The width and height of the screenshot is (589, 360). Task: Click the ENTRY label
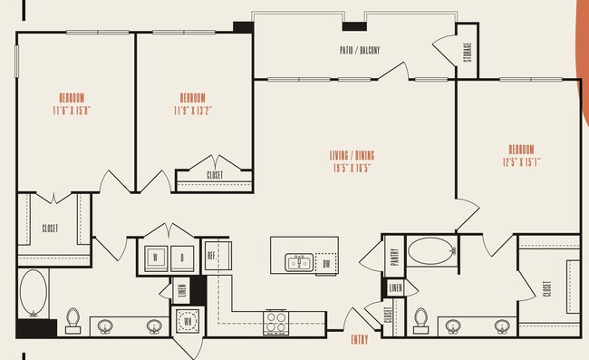pos(359,341)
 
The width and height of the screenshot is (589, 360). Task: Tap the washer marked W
pos(155,258)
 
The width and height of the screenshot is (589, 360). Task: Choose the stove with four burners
pos(275,321)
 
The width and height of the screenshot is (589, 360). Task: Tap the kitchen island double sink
pos(297,263)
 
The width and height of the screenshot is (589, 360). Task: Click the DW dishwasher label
pos(326,263)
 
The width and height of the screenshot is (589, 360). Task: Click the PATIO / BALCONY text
pos(359,51)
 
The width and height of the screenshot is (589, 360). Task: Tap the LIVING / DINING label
pos(352,155)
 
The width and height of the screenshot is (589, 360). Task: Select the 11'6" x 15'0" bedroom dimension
pos(72,110)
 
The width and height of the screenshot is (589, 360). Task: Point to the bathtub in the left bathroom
pos(33,292)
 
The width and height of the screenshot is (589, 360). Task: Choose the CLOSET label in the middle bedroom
pos(215,175)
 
